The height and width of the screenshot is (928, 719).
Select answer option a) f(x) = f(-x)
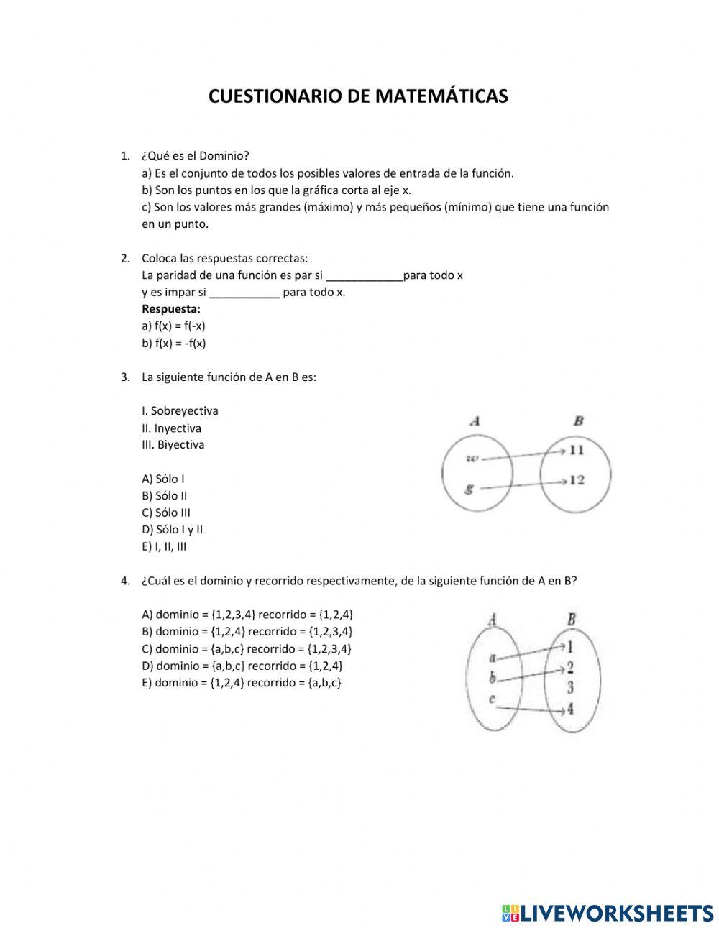[x=173, y=326]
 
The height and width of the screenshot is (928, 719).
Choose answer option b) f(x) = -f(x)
[x=173, y=343]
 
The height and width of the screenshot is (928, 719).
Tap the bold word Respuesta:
[x=170, y=309]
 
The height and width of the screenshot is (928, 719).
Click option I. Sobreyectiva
[x=180, y=411]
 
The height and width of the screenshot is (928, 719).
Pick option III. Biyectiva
[x=173, y=445]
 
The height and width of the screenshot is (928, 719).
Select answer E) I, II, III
[x=164, y=546]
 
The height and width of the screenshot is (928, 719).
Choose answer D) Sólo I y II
[x=172, y=530]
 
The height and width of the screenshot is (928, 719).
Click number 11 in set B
[x=576, y=450]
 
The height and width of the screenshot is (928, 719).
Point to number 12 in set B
[x=576, y=479]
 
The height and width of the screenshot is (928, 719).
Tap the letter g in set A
[x=469, y=488]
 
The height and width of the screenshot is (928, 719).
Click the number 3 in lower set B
[x=570, y=687]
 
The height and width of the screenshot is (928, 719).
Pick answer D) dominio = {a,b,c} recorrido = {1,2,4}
[x=242, y=666]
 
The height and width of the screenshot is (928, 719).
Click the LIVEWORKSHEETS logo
[x=607, y=913]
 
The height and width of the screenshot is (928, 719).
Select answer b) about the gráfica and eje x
[x=276, y=190]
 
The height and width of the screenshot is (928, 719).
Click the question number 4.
[x=125, y=581]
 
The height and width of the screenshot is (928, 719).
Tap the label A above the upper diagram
[x=475, y=421]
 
